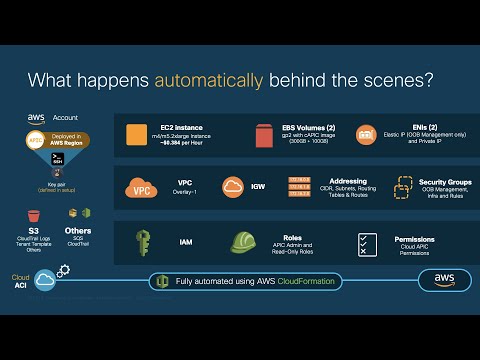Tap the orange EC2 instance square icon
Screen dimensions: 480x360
137,134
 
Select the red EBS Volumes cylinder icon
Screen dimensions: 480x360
263,133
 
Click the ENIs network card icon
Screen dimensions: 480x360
365,133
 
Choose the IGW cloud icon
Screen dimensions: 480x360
233,187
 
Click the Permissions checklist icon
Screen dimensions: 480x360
367,242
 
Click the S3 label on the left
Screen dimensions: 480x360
33,202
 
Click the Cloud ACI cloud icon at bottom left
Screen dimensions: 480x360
45,281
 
